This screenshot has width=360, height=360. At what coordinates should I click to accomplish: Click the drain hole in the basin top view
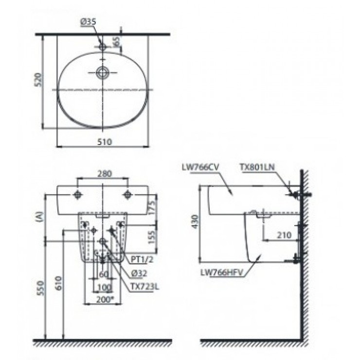click(x=102, y=73)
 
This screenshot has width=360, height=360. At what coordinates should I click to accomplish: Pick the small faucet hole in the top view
click(x=102, y=47)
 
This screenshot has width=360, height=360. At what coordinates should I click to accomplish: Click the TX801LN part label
click(x=257, y=167)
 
